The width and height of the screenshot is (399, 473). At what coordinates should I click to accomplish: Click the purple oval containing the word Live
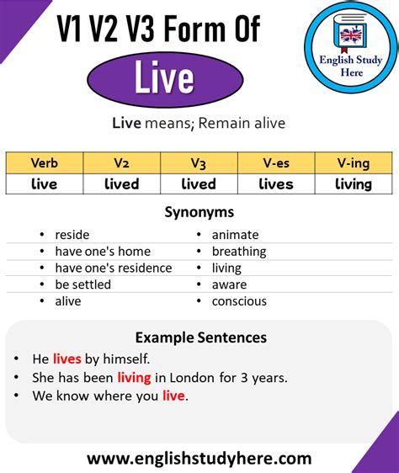coord(165,80)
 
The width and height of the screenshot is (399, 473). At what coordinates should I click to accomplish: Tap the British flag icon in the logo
coord(351,35)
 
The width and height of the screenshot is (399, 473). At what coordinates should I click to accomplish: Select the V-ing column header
coord(354,163)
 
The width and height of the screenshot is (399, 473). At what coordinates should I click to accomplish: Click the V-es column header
coord(276,163)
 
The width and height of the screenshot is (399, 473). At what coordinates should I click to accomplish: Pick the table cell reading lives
coord(276,184)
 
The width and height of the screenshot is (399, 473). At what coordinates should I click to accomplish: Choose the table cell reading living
coord(354,184)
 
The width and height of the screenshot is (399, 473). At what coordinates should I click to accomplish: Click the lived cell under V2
coord(121,184)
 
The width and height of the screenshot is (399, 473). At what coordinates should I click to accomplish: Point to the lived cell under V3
coord(199,184)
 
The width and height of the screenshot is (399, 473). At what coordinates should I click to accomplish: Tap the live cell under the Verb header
coord(45,184)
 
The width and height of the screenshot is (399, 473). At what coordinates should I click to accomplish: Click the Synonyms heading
coord(199,212)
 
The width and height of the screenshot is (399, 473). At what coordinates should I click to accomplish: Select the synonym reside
coord(72,235)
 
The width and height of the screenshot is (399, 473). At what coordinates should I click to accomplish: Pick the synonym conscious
coord(239,301)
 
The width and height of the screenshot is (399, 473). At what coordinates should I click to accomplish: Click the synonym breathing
coord(239,252)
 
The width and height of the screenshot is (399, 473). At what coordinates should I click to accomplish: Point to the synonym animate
coord(236,235)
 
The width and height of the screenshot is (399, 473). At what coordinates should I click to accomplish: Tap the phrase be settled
coord(83,284)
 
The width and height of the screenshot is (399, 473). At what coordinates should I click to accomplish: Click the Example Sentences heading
coord(201,337)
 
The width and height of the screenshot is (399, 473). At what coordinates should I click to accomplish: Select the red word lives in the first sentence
coord(67,359)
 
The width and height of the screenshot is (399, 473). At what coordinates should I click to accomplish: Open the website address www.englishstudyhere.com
coord(199,459)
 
